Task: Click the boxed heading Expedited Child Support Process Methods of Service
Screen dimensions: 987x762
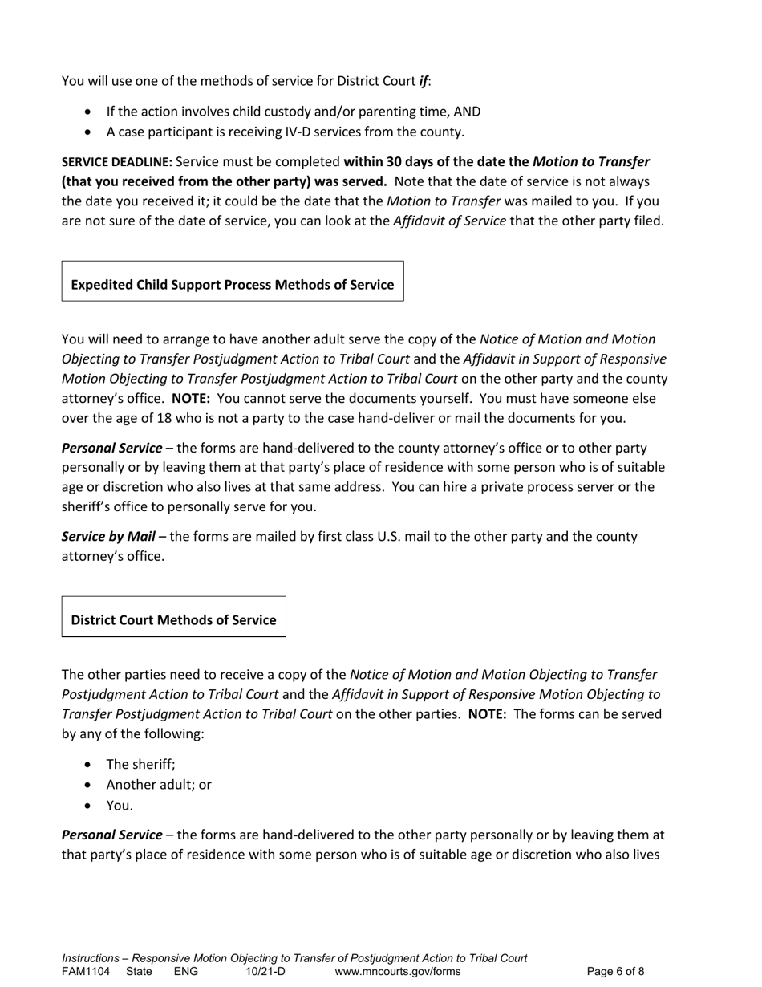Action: click(232, 285)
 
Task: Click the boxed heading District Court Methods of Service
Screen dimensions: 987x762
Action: click(173, 619)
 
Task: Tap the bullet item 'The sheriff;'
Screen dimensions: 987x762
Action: click(140, 765)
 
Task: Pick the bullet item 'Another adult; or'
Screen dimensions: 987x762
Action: click(159, 785)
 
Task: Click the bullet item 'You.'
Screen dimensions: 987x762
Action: click(120, 805)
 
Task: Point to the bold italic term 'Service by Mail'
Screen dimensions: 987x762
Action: click(108, 536)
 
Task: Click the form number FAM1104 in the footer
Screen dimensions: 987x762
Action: click(86, 972)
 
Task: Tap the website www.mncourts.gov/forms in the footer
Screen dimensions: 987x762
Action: click(398, 972)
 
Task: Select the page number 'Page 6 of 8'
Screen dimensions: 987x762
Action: click(615, 972)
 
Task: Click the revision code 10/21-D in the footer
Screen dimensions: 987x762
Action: click(265, 972)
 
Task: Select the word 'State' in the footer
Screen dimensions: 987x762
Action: click(139, 972)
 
